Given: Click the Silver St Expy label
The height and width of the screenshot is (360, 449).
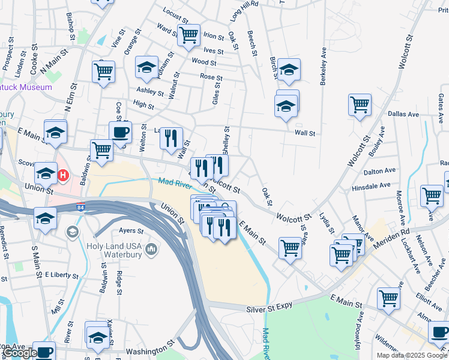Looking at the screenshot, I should [x=270, y=308].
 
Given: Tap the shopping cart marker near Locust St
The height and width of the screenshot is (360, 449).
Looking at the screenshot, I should [x=189, y=35].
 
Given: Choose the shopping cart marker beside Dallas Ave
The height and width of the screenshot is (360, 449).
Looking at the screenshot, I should [x=360, y=104].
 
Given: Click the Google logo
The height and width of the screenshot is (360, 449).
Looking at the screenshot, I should [x=20, y=353].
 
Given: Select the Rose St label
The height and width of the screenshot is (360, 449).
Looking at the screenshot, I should [x=211, y=78].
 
